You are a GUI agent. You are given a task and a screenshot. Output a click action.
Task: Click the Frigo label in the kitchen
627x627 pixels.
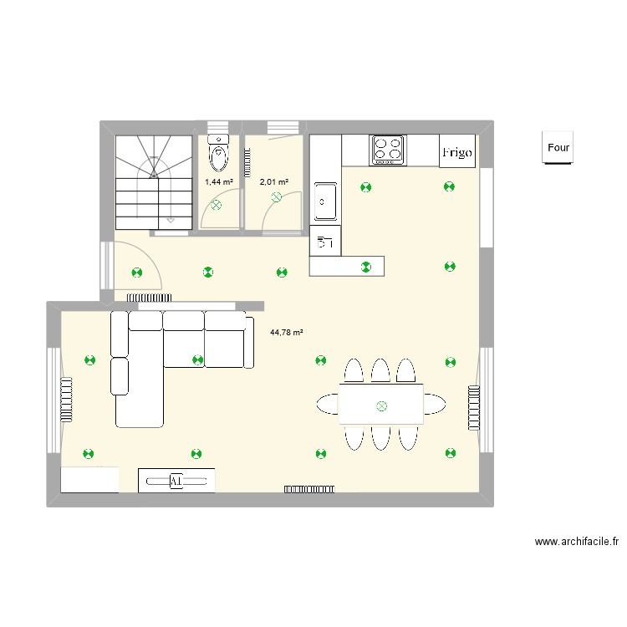(457, 152)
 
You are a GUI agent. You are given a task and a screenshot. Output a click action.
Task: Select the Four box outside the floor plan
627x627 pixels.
(558, 148)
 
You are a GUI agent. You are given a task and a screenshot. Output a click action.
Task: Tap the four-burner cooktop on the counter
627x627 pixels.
(387, 149)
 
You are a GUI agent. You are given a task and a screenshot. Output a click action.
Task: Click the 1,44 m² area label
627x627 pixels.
(219, 181)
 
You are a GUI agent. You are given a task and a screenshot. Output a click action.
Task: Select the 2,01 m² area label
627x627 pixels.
(273, 181)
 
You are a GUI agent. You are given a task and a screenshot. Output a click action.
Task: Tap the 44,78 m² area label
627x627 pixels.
(287, 332)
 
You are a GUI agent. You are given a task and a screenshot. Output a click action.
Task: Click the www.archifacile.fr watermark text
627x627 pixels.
(577, 542)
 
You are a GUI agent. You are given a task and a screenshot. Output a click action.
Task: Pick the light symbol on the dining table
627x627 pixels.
(381, 406)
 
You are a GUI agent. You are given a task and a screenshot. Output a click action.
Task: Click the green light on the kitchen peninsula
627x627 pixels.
(364, 267)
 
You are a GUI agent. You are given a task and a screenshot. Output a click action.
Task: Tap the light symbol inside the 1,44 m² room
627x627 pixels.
(217, 204)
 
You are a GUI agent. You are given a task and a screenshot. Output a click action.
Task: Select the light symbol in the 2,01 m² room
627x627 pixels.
(277, 198)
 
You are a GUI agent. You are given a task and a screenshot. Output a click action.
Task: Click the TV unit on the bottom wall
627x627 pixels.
(176, 481)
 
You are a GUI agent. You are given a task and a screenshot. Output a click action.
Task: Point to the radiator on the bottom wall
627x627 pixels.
(310, 487)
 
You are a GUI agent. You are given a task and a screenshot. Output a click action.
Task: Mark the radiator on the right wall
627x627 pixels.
(473, 408)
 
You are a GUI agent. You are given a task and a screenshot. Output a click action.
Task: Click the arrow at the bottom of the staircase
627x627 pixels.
(171, 219)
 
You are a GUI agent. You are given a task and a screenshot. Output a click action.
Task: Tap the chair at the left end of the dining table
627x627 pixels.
(327, 404)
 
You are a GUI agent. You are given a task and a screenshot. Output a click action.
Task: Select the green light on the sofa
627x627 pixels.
(197, 360)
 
